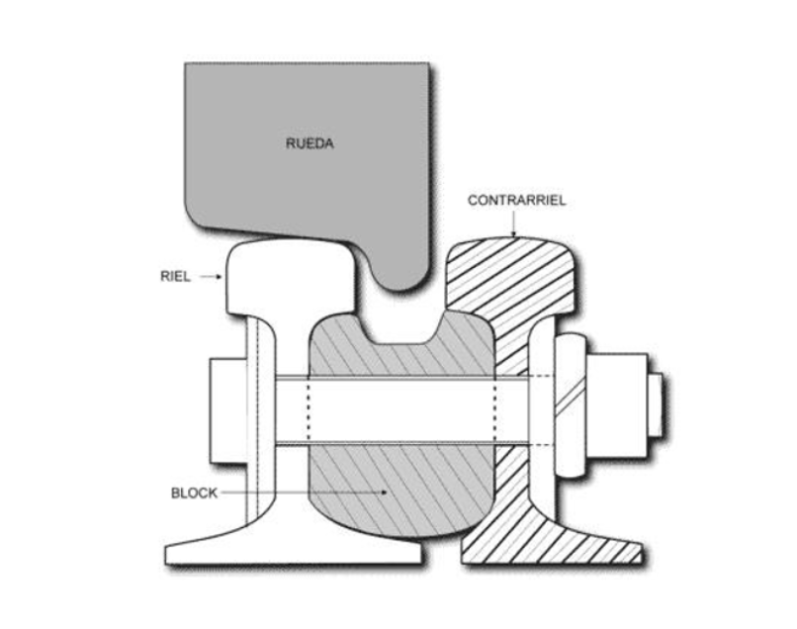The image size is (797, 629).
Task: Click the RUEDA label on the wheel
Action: click(310, 143)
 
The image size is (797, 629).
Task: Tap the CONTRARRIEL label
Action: click(516, 201)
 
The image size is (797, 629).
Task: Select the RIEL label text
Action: click(175, 276)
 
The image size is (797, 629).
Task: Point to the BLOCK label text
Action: click(194, 493)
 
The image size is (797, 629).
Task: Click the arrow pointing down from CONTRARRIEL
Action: click(514, 224)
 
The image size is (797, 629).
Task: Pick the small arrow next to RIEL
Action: click(211, 277)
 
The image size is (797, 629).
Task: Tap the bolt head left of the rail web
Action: click(228, 410)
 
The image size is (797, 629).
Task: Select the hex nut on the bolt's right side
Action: click(617, 405)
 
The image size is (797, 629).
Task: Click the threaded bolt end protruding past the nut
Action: click(656, 405)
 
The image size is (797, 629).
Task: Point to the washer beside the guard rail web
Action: click(571, 405)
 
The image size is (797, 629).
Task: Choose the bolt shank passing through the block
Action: click(401, 409)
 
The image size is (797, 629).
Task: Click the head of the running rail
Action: click(290, 278)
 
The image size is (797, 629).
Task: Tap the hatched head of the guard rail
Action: click(513, 275)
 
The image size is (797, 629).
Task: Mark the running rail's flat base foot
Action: click(294, 548)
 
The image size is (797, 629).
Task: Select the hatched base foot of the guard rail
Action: click(552, 543)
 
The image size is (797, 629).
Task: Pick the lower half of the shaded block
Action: click(401, 490)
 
